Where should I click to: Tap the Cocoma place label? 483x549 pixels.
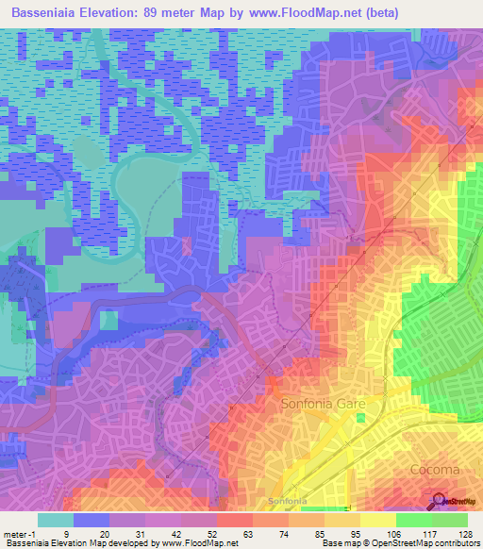coord(434,469)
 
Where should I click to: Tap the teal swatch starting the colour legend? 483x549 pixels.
coord(56,520)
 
